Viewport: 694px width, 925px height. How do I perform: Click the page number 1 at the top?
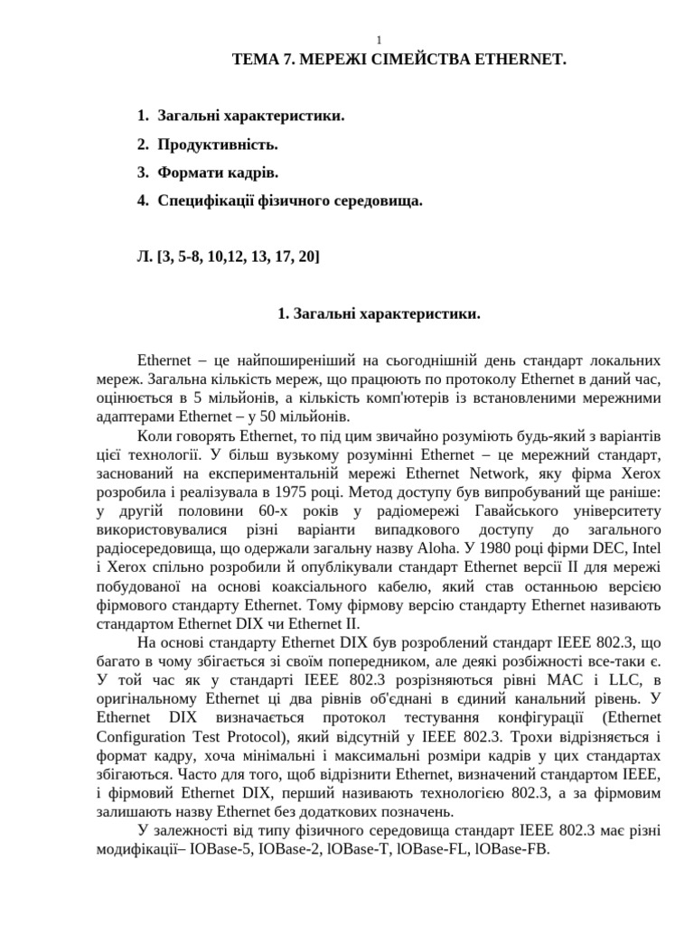(380, 40)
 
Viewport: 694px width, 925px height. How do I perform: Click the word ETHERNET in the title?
(516, 60)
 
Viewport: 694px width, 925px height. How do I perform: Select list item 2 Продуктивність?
(217, 145)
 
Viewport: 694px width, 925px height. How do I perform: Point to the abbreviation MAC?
(557, 679)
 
